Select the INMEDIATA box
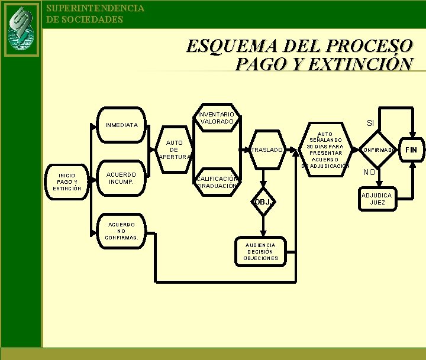[x=121, y=125]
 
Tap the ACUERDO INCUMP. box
[x=121, y=178]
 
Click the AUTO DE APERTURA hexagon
[x=175, y=150]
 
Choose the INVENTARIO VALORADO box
[x=218, y=118]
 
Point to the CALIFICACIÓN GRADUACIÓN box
[x=218, y=182]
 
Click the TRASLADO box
[x=266, y=150]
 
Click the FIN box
[x=411, y=150]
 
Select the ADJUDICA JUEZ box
[x=377, y=199]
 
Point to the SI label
[x=370, y=123]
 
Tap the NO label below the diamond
[x=369, y=173]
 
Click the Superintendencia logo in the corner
[x=21, y=28]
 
